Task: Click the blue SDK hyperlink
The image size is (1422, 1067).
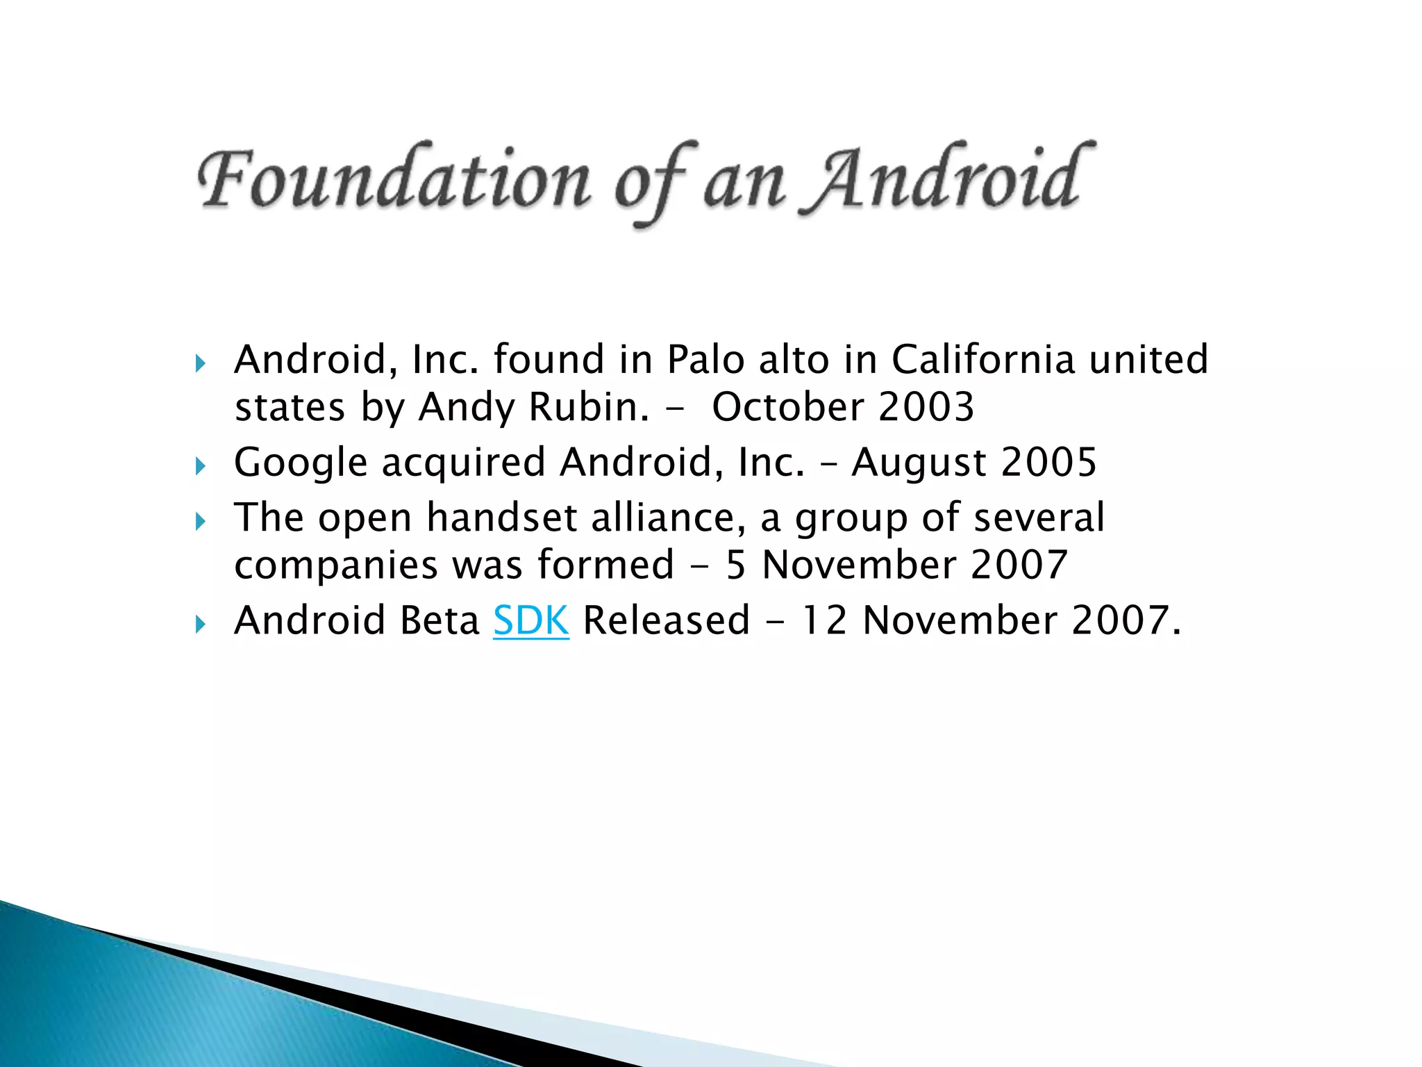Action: [x=531, y=620]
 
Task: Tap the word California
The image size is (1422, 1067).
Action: [x=983, y=360]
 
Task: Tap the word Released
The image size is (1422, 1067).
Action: [x=667, y=620]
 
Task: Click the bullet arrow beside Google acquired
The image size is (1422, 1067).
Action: [x=201, y=465]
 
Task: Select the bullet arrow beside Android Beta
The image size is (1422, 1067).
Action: [x=201, y=624]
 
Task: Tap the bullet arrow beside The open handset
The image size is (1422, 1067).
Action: [x=201, y=521]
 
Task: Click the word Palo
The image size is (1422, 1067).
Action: [x=705, y=360]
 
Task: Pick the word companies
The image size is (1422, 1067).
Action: [x=336, y=565]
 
